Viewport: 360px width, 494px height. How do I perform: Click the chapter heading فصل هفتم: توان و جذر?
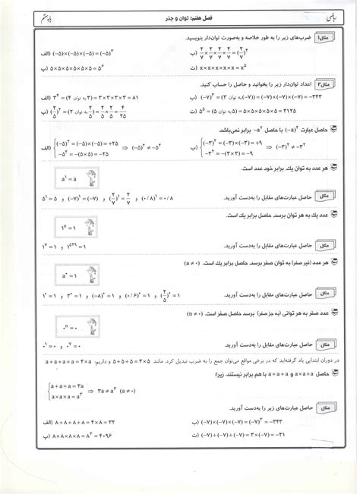tap(181, 17)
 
